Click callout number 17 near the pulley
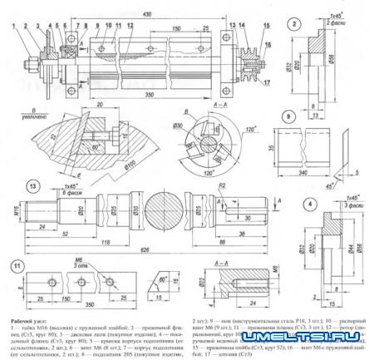pos(269,83)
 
